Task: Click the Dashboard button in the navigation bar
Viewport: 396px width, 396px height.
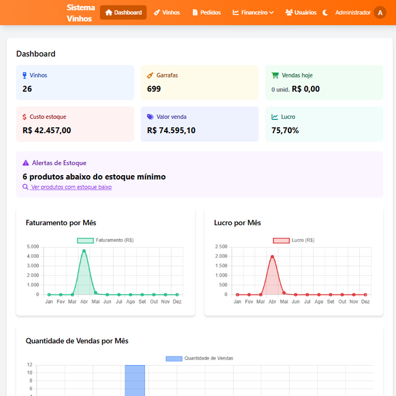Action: coord(123,12)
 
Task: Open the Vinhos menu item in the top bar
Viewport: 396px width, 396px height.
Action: coord(167,12)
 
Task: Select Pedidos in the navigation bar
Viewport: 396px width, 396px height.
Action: coord(206,12)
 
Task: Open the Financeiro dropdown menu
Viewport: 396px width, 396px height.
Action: coord(253,12)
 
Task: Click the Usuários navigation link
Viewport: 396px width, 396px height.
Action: coord(301,12)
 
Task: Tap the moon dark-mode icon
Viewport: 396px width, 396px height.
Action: coord(325,13)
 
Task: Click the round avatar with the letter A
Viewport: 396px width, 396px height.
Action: coord(380,13)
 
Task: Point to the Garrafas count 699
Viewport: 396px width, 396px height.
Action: coord(154,89)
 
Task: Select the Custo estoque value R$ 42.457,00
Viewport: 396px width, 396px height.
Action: coord(47,130)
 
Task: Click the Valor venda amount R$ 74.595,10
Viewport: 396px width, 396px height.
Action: coord(171,130)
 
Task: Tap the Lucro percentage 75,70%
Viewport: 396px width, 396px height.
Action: coord(285,130)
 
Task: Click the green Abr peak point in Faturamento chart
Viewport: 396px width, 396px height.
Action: coord(84,251)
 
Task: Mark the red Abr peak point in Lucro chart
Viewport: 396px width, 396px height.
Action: coord(272,256)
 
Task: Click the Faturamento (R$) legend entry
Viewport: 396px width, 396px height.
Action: coord(105,240)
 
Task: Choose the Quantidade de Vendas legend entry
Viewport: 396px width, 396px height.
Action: coord(199,358)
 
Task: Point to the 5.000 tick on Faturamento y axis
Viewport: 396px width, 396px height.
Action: coord(33,247)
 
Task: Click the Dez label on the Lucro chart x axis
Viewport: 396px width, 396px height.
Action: coord(365,301)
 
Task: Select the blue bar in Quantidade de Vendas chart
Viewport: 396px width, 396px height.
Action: coord(135,380)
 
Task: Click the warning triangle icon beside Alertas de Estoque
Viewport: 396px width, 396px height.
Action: coord(26,163)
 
